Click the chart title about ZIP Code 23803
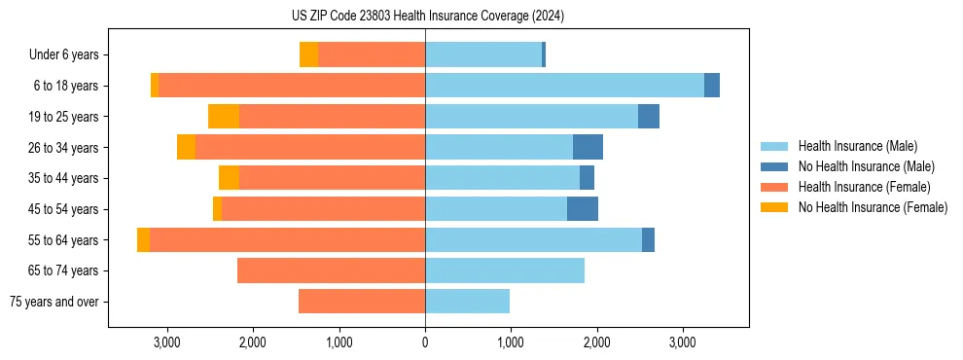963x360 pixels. [426, 17]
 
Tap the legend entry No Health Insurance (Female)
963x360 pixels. [873, 207]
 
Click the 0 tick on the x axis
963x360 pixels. [425, 342]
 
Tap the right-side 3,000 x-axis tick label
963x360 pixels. [682, 342]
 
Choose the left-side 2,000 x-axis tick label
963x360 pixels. [253, 342]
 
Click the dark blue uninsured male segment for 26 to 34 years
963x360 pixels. [588, 148]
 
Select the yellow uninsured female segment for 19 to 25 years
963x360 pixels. [224, 117]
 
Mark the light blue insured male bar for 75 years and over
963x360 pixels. [467, 302]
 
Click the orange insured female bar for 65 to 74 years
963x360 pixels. [331, 270]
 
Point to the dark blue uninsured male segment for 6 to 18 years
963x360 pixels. [712, 86]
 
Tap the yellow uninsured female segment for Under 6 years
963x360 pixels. [308, 55]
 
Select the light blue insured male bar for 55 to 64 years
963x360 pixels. [533, 240]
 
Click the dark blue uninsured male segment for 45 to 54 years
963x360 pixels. [583, 209]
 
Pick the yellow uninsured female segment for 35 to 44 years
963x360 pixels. [229, 178]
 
